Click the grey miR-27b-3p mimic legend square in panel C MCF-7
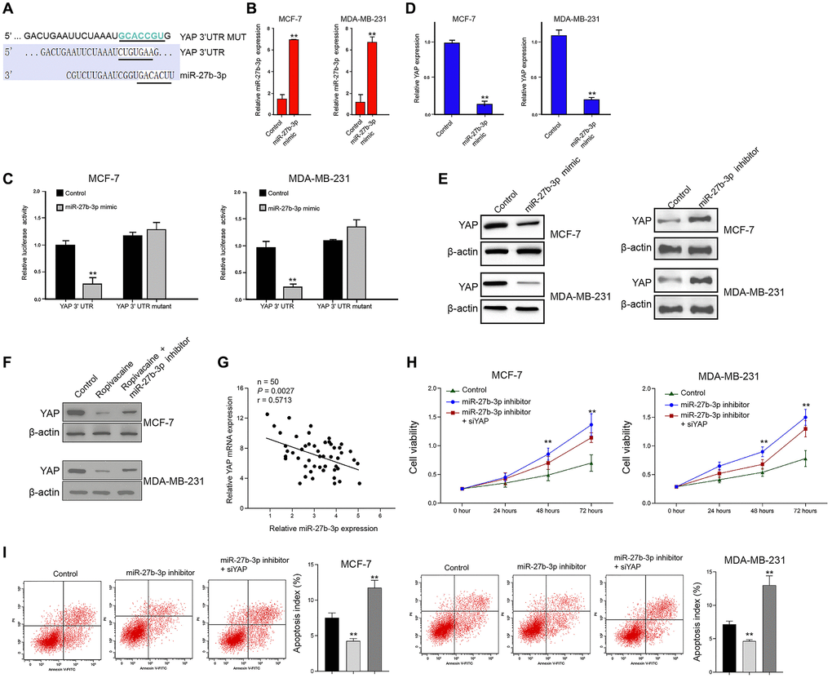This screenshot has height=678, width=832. (60, 208)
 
